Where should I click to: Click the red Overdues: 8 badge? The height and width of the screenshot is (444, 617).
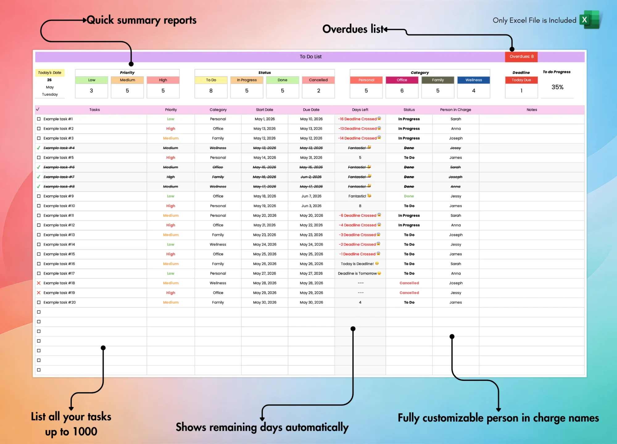coord(521,56)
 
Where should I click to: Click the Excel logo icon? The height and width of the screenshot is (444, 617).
coord(590,20)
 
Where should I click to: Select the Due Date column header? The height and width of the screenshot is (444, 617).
coord(311,110)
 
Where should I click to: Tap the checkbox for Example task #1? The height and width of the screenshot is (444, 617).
coord(39,119)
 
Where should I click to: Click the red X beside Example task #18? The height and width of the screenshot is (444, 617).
coord(39,283)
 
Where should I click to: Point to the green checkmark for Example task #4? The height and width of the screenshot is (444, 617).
coord(39,148)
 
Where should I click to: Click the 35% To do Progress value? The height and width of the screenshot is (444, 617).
coord(557,87)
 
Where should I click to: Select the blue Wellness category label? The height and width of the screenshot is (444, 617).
coord(474,80)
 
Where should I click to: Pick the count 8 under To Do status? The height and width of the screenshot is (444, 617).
coord(211,91)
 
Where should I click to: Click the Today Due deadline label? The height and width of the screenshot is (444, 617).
coord(521,80)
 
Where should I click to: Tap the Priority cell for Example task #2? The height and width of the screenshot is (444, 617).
coord(171,129)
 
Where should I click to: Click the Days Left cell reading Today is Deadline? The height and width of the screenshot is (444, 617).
coord(360,264)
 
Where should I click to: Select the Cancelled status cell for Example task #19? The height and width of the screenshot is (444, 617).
coord(409,293)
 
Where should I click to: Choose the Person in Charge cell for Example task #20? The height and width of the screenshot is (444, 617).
coord(456,302)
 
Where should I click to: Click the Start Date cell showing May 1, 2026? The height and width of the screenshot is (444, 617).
coord(265,119)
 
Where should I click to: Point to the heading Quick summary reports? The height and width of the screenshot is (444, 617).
coord(142,20)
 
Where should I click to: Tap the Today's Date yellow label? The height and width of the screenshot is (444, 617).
coord(50,73)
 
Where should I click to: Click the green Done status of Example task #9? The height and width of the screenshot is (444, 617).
coord(409,196)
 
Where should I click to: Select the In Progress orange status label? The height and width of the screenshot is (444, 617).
coord(247,80)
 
